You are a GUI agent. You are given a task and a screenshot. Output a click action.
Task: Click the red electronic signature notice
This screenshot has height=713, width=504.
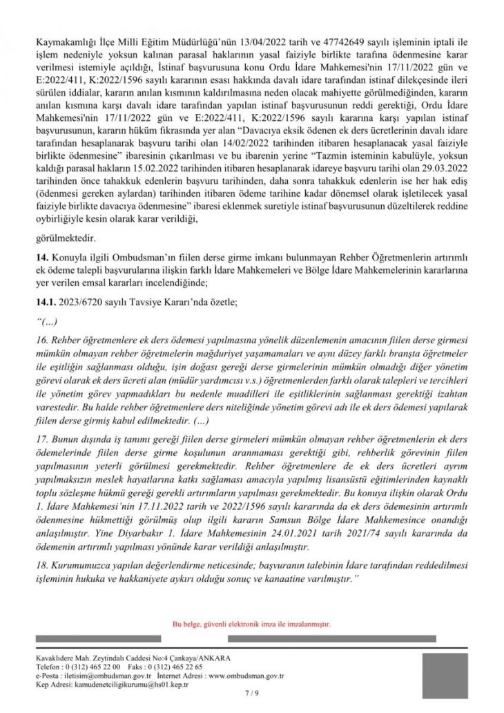pyautogui.click(x=251, y=623)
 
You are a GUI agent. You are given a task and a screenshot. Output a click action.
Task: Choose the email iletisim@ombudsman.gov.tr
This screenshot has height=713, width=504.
pyautogui.click(x=93, y=676)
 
